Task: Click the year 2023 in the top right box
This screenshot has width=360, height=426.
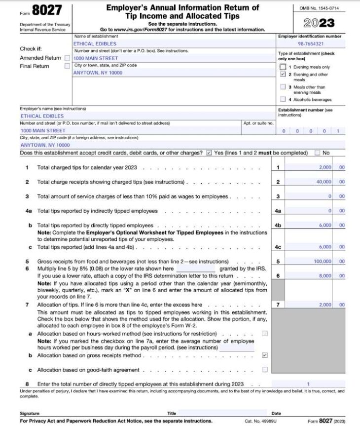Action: (x=319, y=23)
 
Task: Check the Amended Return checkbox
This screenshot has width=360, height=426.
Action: (x=67, y=58)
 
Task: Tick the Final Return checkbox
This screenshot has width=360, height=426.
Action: (x=67, y=66)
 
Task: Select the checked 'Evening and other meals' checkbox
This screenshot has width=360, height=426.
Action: (x=283, y=75)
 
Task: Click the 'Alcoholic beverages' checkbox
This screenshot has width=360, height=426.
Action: (x=283, y=99)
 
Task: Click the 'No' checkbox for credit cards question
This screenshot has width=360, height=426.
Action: (x=317, y=153)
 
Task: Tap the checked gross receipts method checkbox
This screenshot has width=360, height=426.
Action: (x=265, y=355)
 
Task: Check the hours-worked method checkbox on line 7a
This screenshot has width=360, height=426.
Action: (x=265, y=334)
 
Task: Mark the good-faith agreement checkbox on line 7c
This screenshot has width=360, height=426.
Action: (x=265, y=369)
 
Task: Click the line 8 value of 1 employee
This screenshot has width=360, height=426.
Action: (x=308, y=384)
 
